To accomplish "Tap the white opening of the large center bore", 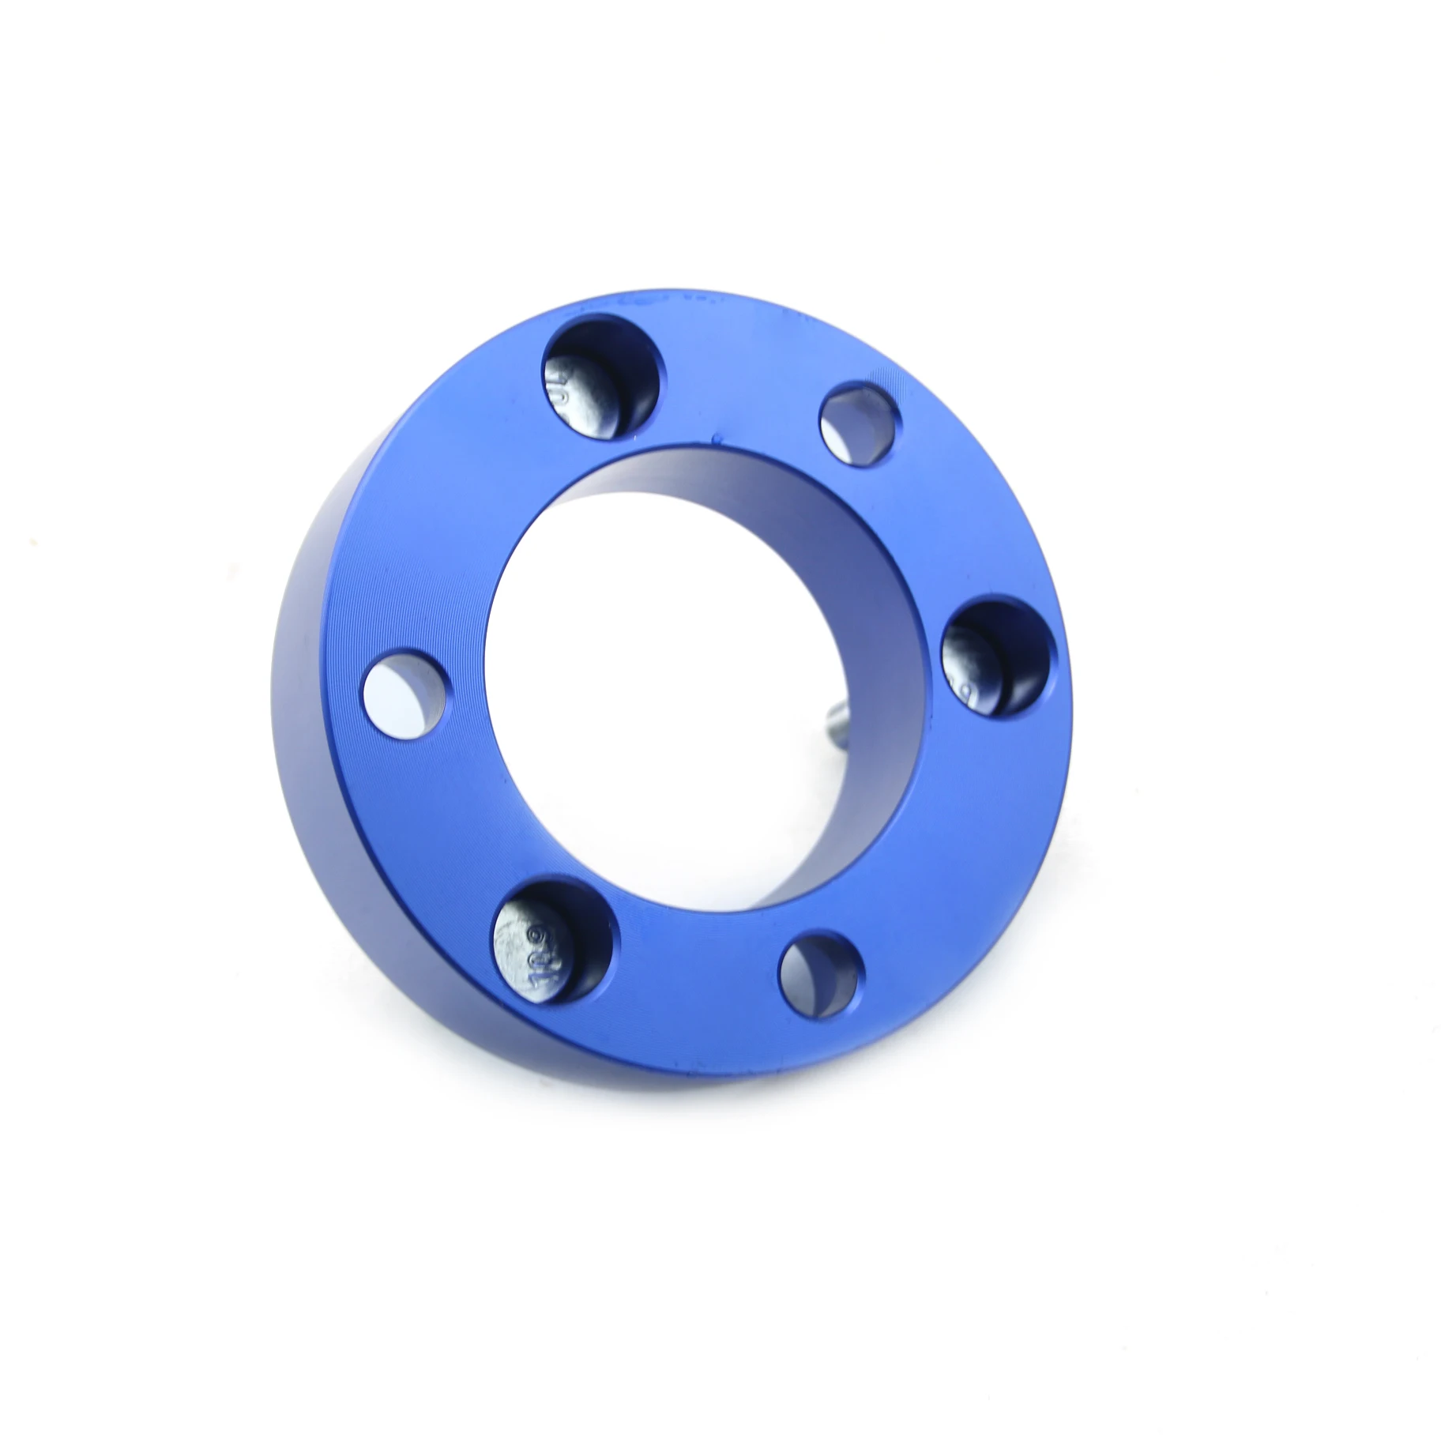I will [672, 711].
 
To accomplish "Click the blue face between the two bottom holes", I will [695, 980].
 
